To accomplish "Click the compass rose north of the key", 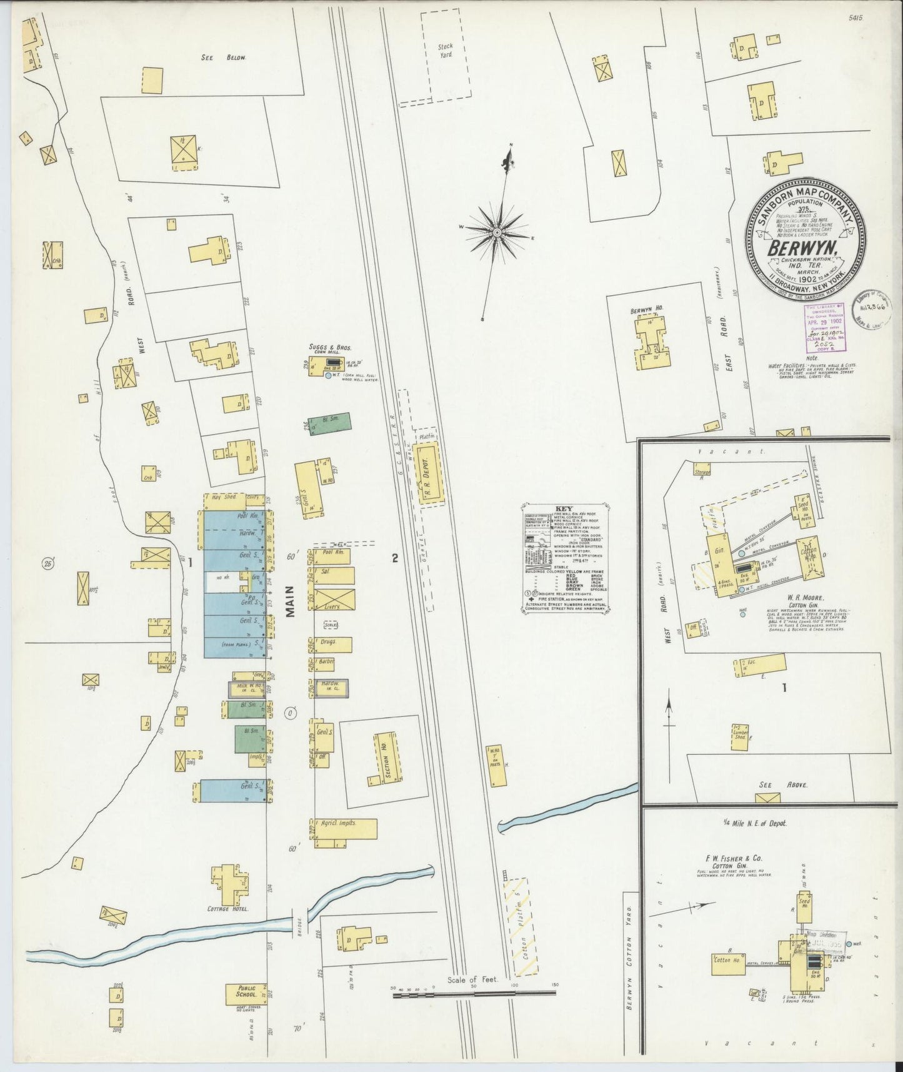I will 497,233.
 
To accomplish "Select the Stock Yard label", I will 445,50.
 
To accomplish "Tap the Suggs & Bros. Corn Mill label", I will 330,349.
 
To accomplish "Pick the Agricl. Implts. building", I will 345,828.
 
